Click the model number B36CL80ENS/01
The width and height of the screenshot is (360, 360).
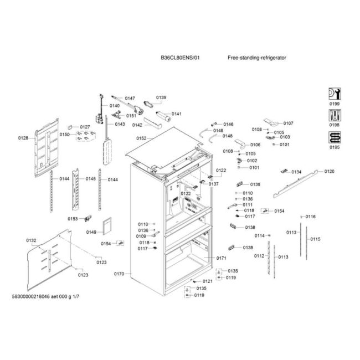pos(180,58)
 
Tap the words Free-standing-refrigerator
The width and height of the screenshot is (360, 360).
pos(256,58)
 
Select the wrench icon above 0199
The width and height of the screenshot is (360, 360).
pos(335,94)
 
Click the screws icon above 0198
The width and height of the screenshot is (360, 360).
pos(335,115)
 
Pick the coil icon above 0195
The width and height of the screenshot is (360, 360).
pos(335,137)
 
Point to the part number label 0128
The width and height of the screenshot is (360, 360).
pos(23,138)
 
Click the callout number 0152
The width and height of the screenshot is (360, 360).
pos(141,138)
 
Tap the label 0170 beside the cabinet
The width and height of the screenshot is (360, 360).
pos(119,274)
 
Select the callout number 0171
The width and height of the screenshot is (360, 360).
pos(222,258)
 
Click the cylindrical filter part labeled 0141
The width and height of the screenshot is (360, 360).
pos(163,116)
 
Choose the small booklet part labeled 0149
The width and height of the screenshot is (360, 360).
pos(107,226)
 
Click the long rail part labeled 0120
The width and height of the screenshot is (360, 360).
pos(295,184)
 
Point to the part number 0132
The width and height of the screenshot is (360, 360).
pos(31,240)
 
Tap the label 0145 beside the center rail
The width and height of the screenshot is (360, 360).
pos(91,179)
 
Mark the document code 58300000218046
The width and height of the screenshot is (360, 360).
pos(31,296)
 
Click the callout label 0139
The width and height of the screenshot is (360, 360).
pos(161,97)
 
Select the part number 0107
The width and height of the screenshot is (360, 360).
pos(288,124)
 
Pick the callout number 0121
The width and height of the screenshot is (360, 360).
pos(208,281)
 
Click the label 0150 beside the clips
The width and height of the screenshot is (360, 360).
pos(64,135)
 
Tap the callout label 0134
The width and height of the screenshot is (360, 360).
pos(296,172)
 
